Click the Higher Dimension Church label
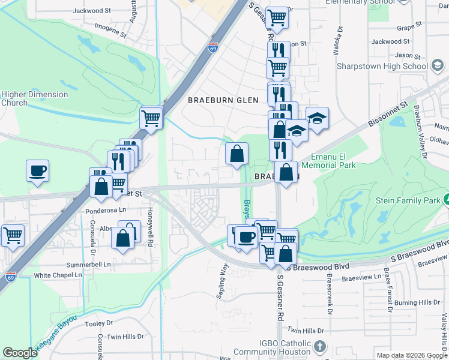click(34, 98)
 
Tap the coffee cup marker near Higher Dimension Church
click(37, 170)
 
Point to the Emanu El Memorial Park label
click(328, 161)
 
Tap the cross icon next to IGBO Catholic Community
click(320, 347)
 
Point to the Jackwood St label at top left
click(92, 11)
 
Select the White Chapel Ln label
click(58, 275)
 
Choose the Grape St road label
click(410, 28)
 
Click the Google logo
click(20, 353)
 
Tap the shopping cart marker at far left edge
click(13, 236)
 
